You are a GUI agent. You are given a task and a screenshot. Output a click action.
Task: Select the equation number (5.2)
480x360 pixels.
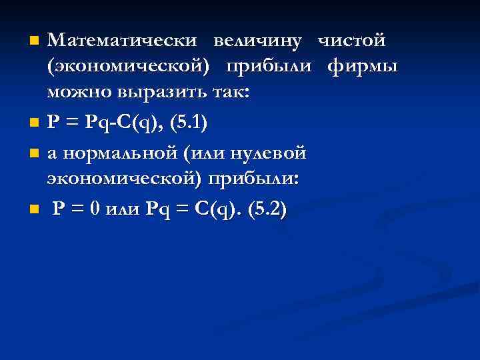pyautogui.click(x=267, y=209)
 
